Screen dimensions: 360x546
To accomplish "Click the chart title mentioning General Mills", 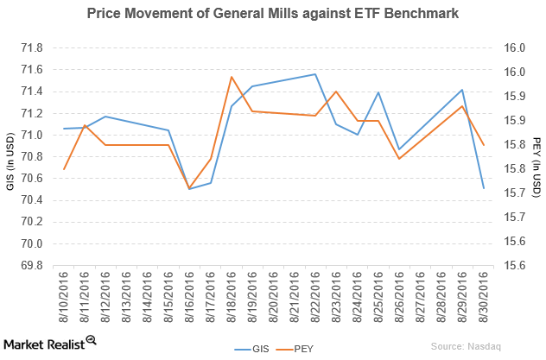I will tap(272, 14).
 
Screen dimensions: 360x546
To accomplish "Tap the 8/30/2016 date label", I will tap(483, 298).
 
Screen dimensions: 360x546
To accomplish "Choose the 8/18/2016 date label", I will tap(232, 298).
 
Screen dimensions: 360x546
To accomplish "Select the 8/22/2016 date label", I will tap(315, 298).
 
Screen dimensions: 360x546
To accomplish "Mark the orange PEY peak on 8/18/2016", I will tap(232, 77).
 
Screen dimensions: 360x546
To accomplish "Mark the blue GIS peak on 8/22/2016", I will tap(315, 74).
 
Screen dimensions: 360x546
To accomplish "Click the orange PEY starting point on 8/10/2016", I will tap(65, 169).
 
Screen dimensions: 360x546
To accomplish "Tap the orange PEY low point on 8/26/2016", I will tap(399, 159).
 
